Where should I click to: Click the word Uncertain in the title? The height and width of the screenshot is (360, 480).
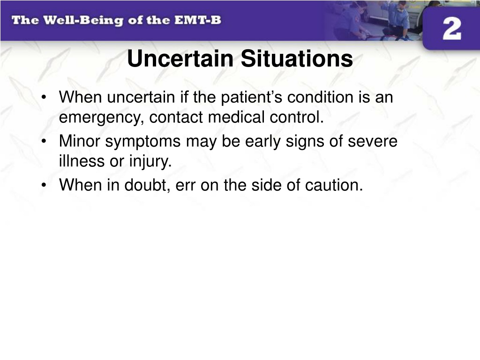click(180, 58)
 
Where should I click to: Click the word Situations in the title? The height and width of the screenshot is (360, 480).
click(297, 58)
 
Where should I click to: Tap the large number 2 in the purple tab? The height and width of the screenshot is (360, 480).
click(452, 29)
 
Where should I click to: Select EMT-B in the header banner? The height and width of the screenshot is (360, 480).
click(197, 20)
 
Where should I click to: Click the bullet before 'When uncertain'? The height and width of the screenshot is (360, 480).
click(44, 97)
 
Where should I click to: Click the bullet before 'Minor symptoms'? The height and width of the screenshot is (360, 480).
click(44, 142)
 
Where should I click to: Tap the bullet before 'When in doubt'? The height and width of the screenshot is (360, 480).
click(44, 186)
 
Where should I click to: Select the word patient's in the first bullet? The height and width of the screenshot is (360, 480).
click(251, 97)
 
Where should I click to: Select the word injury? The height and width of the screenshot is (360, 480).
click(150, 162)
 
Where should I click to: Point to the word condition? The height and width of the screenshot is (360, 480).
click(320, 97)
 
